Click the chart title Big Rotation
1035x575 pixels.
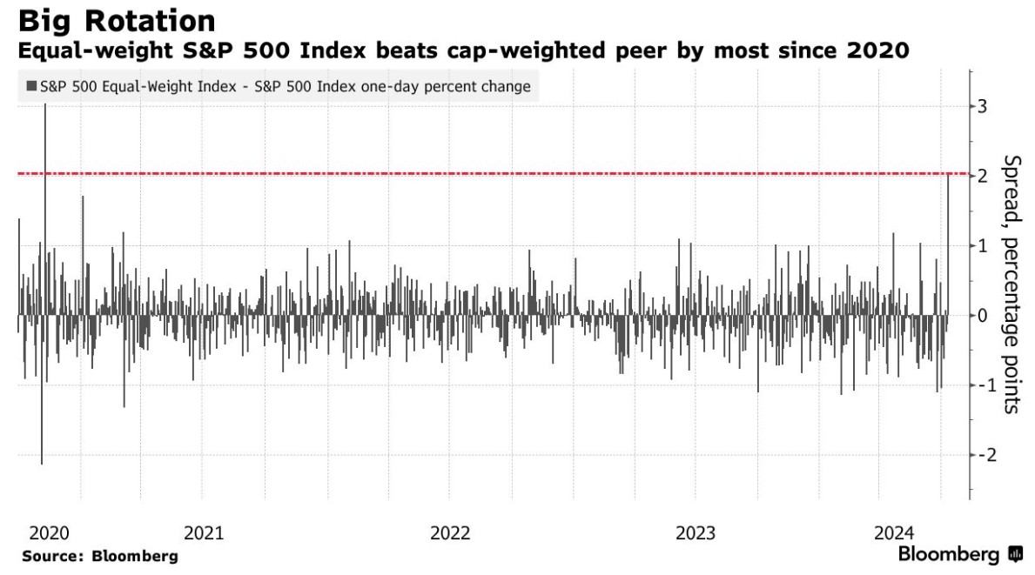pyautogui.click(x=117, y=20)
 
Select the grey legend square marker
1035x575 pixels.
pyautogui.click(x=31, y=86)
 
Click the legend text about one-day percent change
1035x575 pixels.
pyautogui.click(x=286, y=86)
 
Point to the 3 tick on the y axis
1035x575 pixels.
pyautogui.click(x=982, y=106)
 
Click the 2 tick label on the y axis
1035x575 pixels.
pyautogui.click(x=982, y=176)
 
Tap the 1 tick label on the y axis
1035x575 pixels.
pyautogui.click(x=982, y=246)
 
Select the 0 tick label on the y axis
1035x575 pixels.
pyautogui.click(x=982, y=316)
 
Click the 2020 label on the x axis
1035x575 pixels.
pyautogui.click(x=49, y=532)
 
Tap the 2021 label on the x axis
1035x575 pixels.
pyautogui.click(x=204, y=532)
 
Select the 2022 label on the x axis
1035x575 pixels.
pyautogui.click(x=450, y=532)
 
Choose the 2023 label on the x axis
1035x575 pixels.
pyautogui.click(x=695, y=532)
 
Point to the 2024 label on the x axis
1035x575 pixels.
pyautogui.click(x=894, y=532)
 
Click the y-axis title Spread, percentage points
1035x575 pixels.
pyautogui.click(x=1011, y=284)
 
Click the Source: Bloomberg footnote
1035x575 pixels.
pyautogui.click(x=100, y=556)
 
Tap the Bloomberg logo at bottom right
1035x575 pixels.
pyautogui.click(x=960, y=554)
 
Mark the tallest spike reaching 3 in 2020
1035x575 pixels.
pyautogui.click(x=45, y=209)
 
